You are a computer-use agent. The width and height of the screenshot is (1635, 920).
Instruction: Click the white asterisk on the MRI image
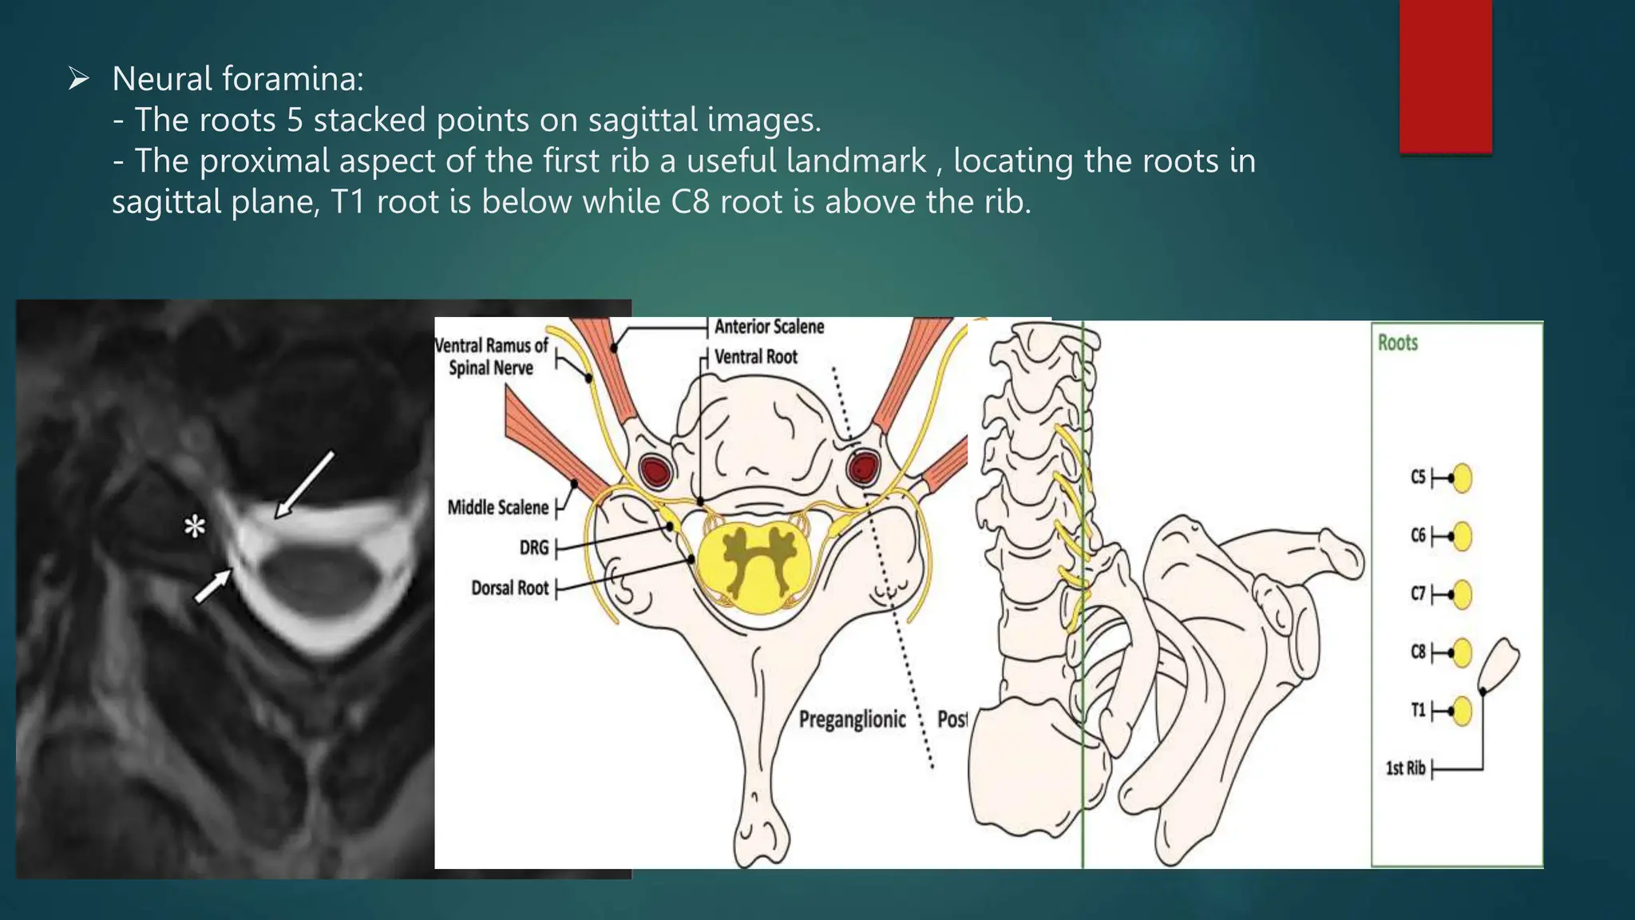(195, 527)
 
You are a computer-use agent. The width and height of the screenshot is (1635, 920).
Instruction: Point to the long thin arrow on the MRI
(304, 485)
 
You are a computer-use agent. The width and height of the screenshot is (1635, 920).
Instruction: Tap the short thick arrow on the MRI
(213, 587)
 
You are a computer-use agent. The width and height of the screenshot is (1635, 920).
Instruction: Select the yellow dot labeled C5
(1462, 478)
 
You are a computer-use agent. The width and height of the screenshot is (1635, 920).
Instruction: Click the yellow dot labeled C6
(1462, 536)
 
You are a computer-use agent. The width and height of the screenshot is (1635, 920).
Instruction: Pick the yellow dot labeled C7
(1462, 594)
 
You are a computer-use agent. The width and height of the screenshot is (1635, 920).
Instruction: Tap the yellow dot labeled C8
(1462, 652)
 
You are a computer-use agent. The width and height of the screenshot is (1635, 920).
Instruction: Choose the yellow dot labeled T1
(1462, 711)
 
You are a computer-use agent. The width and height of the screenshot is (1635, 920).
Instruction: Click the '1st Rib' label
(1405, 768)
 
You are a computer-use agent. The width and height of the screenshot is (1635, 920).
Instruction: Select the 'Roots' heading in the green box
(1398, 343)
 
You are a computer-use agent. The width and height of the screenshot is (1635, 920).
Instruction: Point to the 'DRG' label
(534, 548)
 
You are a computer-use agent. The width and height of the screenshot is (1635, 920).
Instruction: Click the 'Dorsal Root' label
(510, 589)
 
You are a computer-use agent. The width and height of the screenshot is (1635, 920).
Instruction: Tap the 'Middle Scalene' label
(498, 508)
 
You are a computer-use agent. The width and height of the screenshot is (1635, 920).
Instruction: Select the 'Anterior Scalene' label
(769, 327)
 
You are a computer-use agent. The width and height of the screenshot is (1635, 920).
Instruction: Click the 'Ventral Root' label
(755, 357)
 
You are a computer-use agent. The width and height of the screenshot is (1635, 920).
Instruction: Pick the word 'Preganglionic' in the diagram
(853, 720)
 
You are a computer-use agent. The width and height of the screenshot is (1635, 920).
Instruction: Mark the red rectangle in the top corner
(1445, 76)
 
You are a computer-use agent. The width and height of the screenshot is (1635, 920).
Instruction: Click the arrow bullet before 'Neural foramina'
(78, 78)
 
